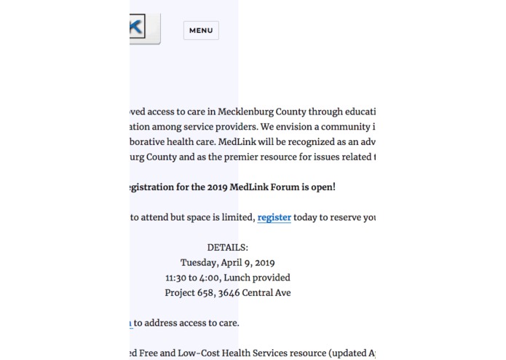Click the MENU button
tap(201, 31)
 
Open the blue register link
tap(274, 217)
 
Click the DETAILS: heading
tap(228, 248)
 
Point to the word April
tap(240, 262)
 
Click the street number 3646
tap(237, 293)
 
